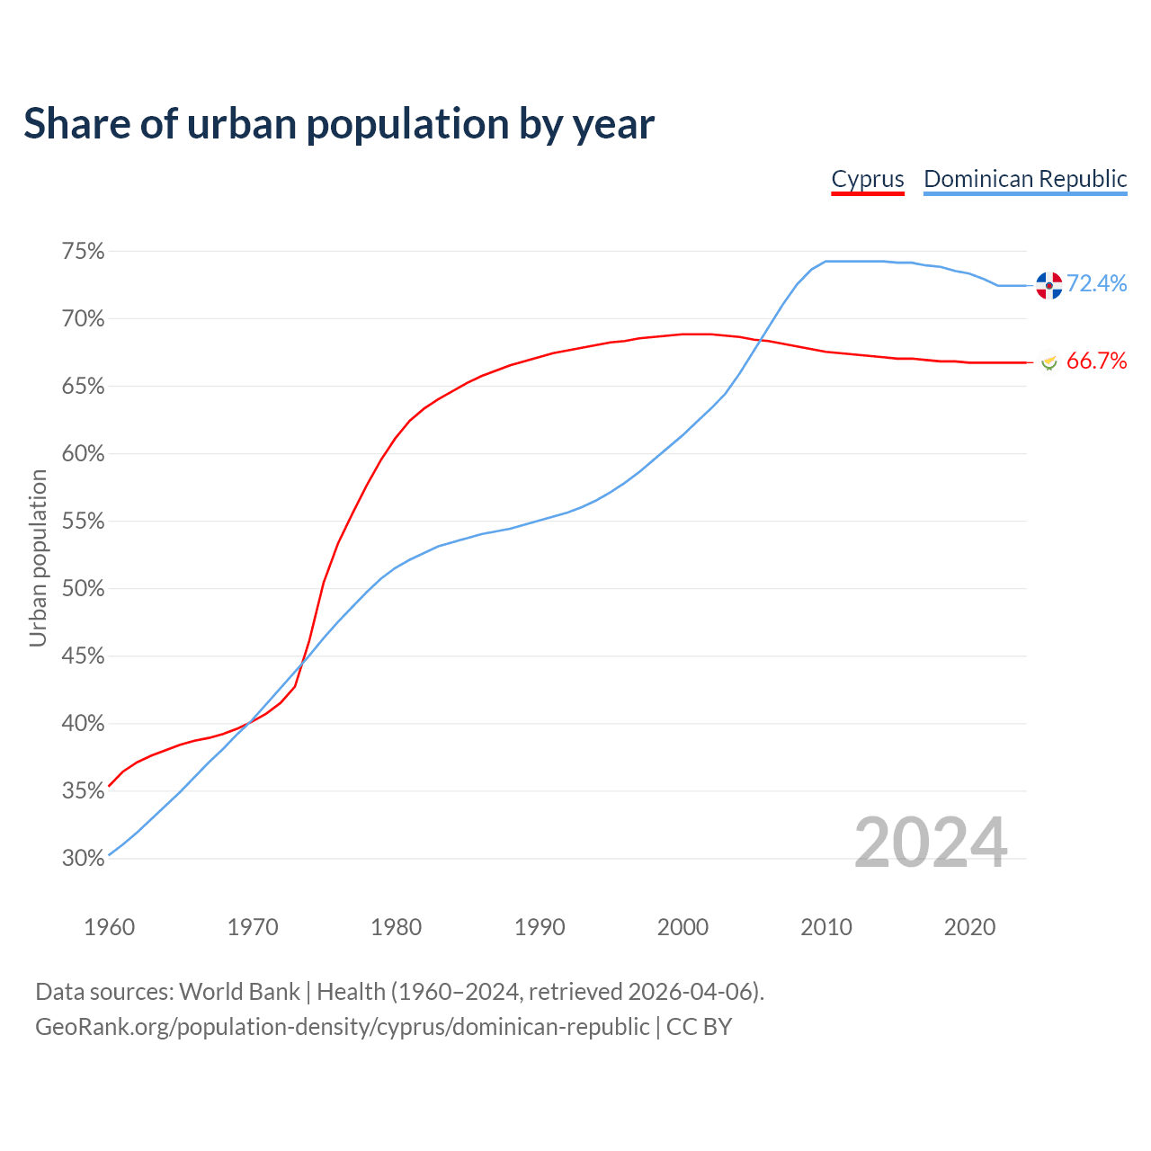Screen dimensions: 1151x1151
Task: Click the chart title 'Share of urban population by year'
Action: point(339,124)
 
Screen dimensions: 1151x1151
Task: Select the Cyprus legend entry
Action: point(867,179)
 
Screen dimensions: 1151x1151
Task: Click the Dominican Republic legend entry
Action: point(1025,179)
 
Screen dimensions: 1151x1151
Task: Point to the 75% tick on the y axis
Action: point(83,252)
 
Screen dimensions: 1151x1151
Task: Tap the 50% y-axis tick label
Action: point(83,589)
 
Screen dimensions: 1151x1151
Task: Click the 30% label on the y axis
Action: point(83,859)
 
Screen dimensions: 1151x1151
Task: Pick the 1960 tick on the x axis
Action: point(109,927)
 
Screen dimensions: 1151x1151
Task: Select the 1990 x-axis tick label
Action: point(540,927)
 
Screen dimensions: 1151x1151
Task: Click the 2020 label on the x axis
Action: point(969,927)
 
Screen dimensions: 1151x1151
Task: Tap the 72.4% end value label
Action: point(1096,284)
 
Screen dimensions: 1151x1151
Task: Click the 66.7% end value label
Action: point(1096,361)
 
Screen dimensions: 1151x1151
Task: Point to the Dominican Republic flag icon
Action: point(1048,285)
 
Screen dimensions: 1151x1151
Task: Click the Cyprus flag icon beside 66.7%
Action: point(1048,361)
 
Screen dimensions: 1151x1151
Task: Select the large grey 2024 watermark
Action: point(930,843)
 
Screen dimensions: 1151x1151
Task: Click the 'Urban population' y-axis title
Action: point(38,558)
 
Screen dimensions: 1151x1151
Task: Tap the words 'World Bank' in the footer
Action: point(239,992)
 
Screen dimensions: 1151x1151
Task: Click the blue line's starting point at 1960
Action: point(109,854)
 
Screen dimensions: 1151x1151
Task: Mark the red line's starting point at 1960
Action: point(109,786)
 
